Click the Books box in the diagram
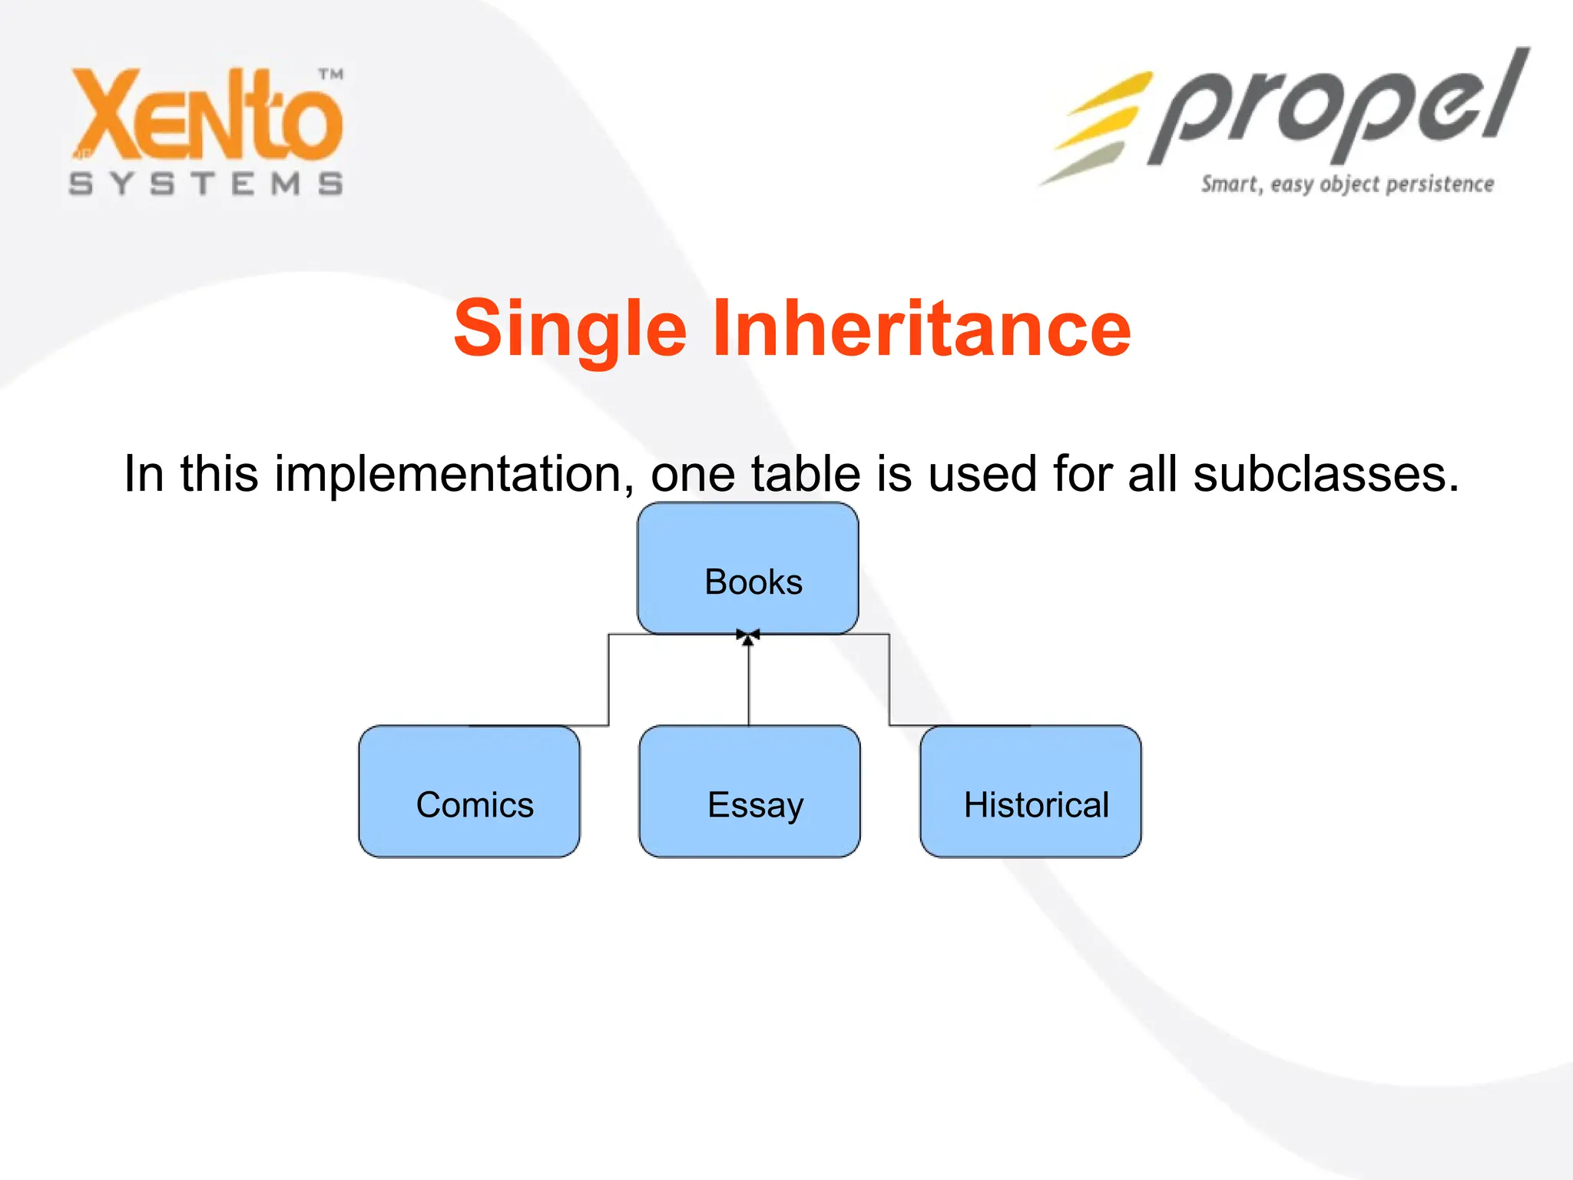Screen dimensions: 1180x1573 748,568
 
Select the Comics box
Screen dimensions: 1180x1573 469,791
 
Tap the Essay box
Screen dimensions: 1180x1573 750,791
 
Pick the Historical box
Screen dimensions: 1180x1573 1031,791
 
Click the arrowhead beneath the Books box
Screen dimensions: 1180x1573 748,637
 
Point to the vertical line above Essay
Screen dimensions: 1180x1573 749,684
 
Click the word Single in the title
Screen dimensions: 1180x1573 569,329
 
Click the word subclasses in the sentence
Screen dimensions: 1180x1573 1326,473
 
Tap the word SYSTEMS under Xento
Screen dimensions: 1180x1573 206,184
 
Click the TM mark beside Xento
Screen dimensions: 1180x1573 331,75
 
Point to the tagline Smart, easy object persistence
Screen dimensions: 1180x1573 1347,184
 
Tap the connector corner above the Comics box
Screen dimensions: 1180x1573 609,635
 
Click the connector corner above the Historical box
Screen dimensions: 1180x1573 889,635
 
